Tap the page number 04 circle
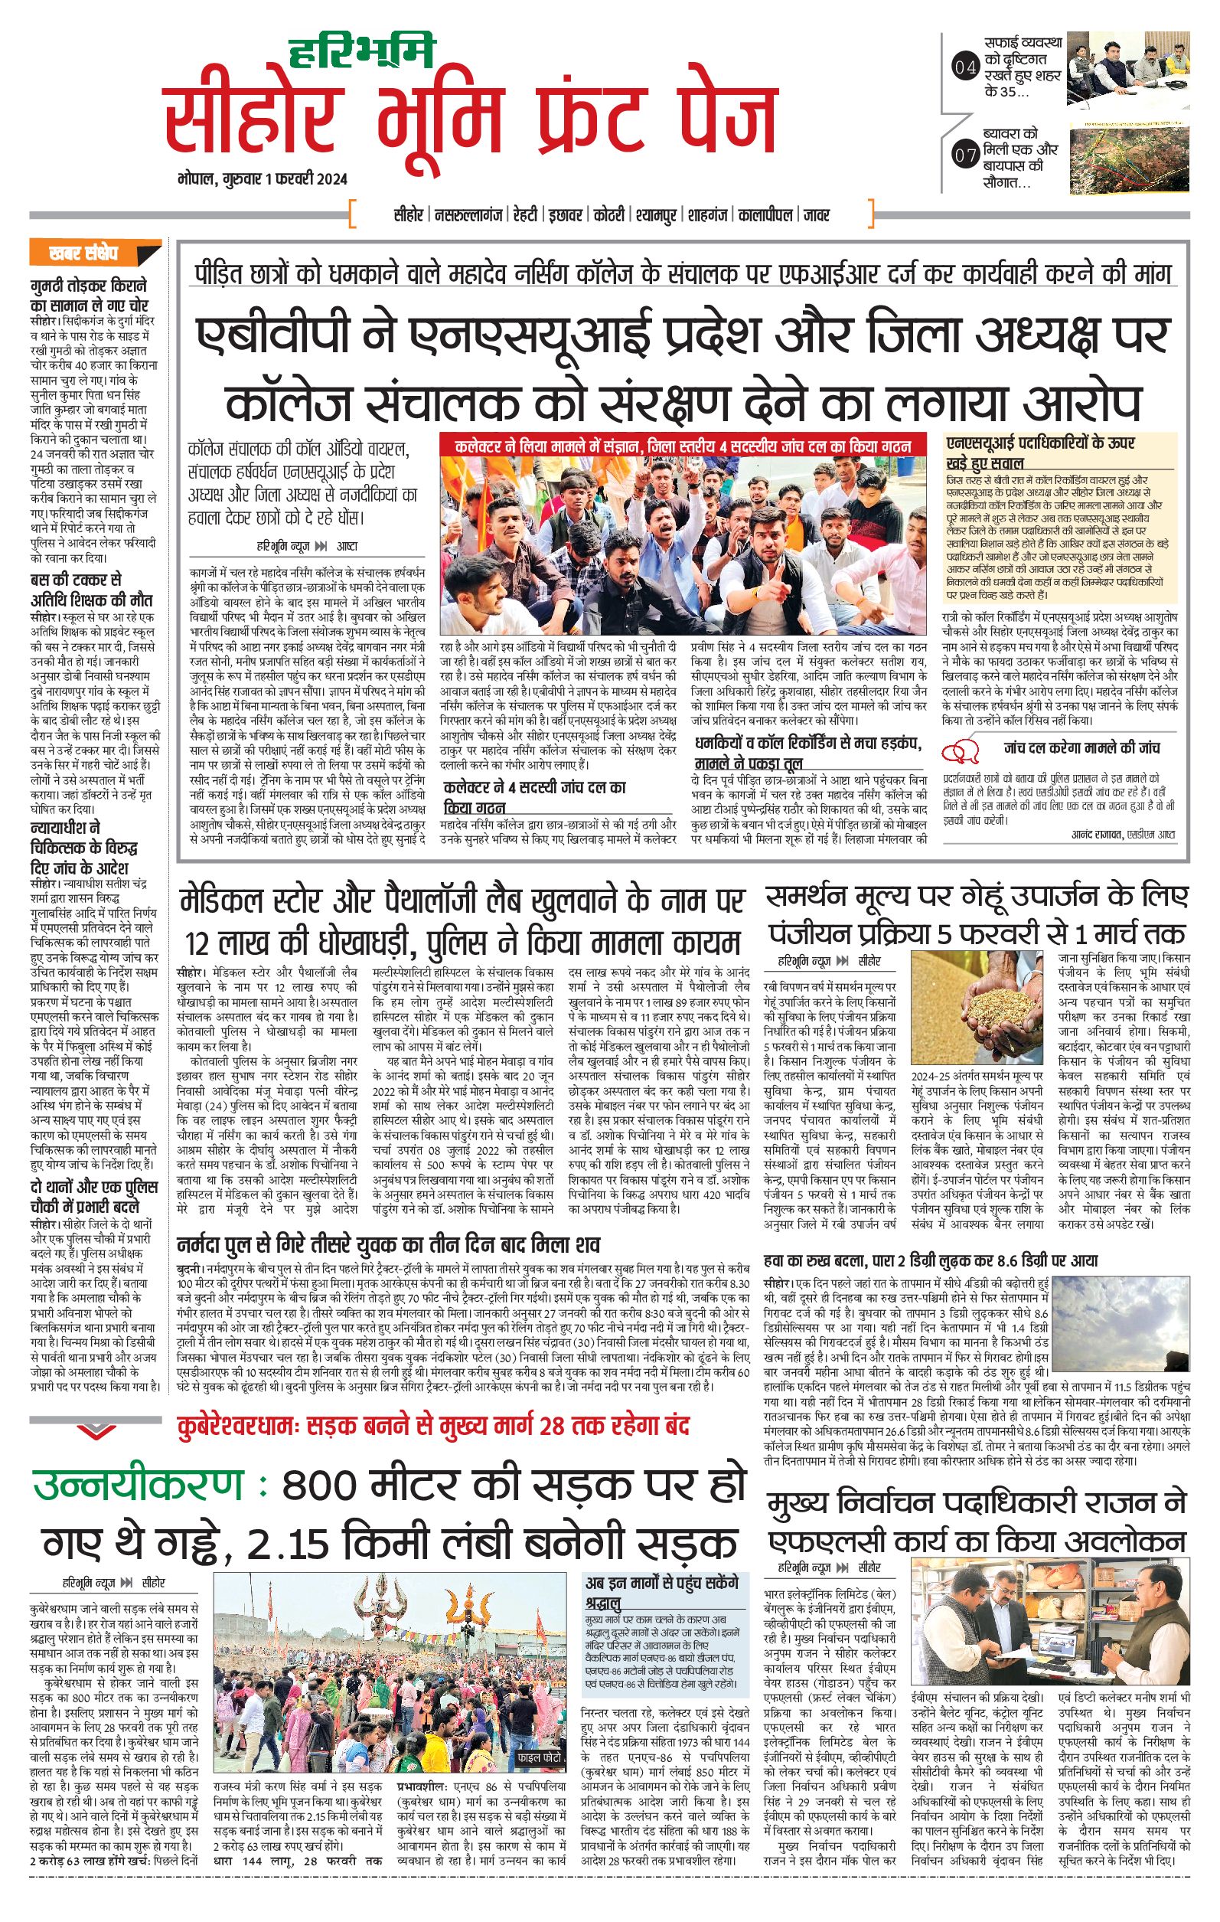(965, 68)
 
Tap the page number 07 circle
(965, 155)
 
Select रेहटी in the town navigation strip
(527, 214)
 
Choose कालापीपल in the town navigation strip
(765, 214)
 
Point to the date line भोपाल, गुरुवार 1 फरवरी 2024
(263, 178)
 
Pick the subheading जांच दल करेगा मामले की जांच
(1081, 748)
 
